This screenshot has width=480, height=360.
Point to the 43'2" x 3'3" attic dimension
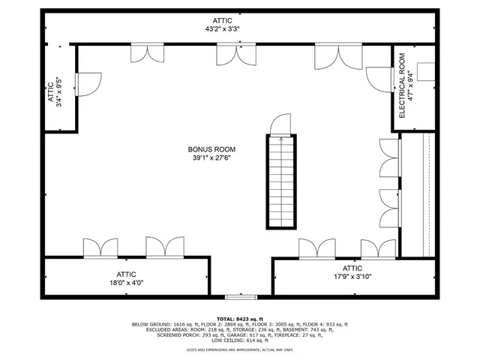(222, 29)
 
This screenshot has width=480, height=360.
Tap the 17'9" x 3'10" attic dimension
(352, 277)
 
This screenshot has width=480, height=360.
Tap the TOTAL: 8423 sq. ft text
(240, 318)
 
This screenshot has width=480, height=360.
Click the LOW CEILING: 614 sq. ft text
(240, 340)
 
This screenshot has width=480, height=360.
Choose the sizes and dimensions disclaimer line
(240, 350)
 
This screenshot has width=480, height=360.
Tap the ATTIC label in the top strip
(222, 20)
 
